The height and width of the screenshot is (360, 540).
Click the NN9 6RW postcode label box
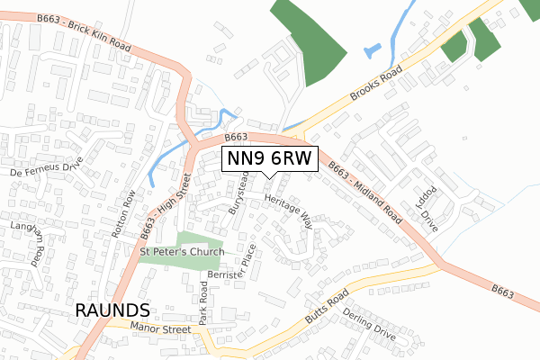[268, 158]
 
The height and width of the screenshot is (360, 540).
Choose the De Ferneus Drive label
[46, 166]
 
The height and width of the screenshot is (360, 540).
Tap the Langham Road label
[31, 242]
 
